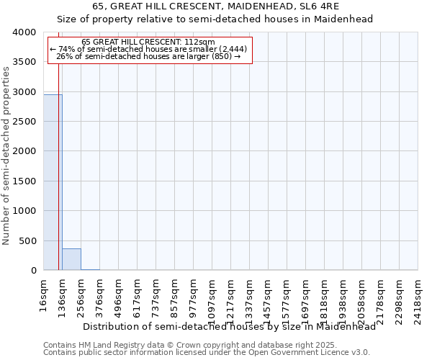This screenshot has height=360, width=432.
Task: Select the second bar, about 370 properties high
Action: click(71, 259)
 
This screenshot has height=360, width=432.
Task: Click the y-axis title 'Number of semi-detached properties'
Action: click(6, 155)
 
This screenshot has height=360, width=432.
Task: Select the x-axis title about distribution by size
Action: click(229, 326)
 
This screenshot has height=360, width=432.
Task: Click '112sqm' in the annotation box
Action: click(201, 42)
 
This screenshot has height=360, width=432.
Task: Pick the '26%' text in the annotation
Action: click(64, 56)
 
